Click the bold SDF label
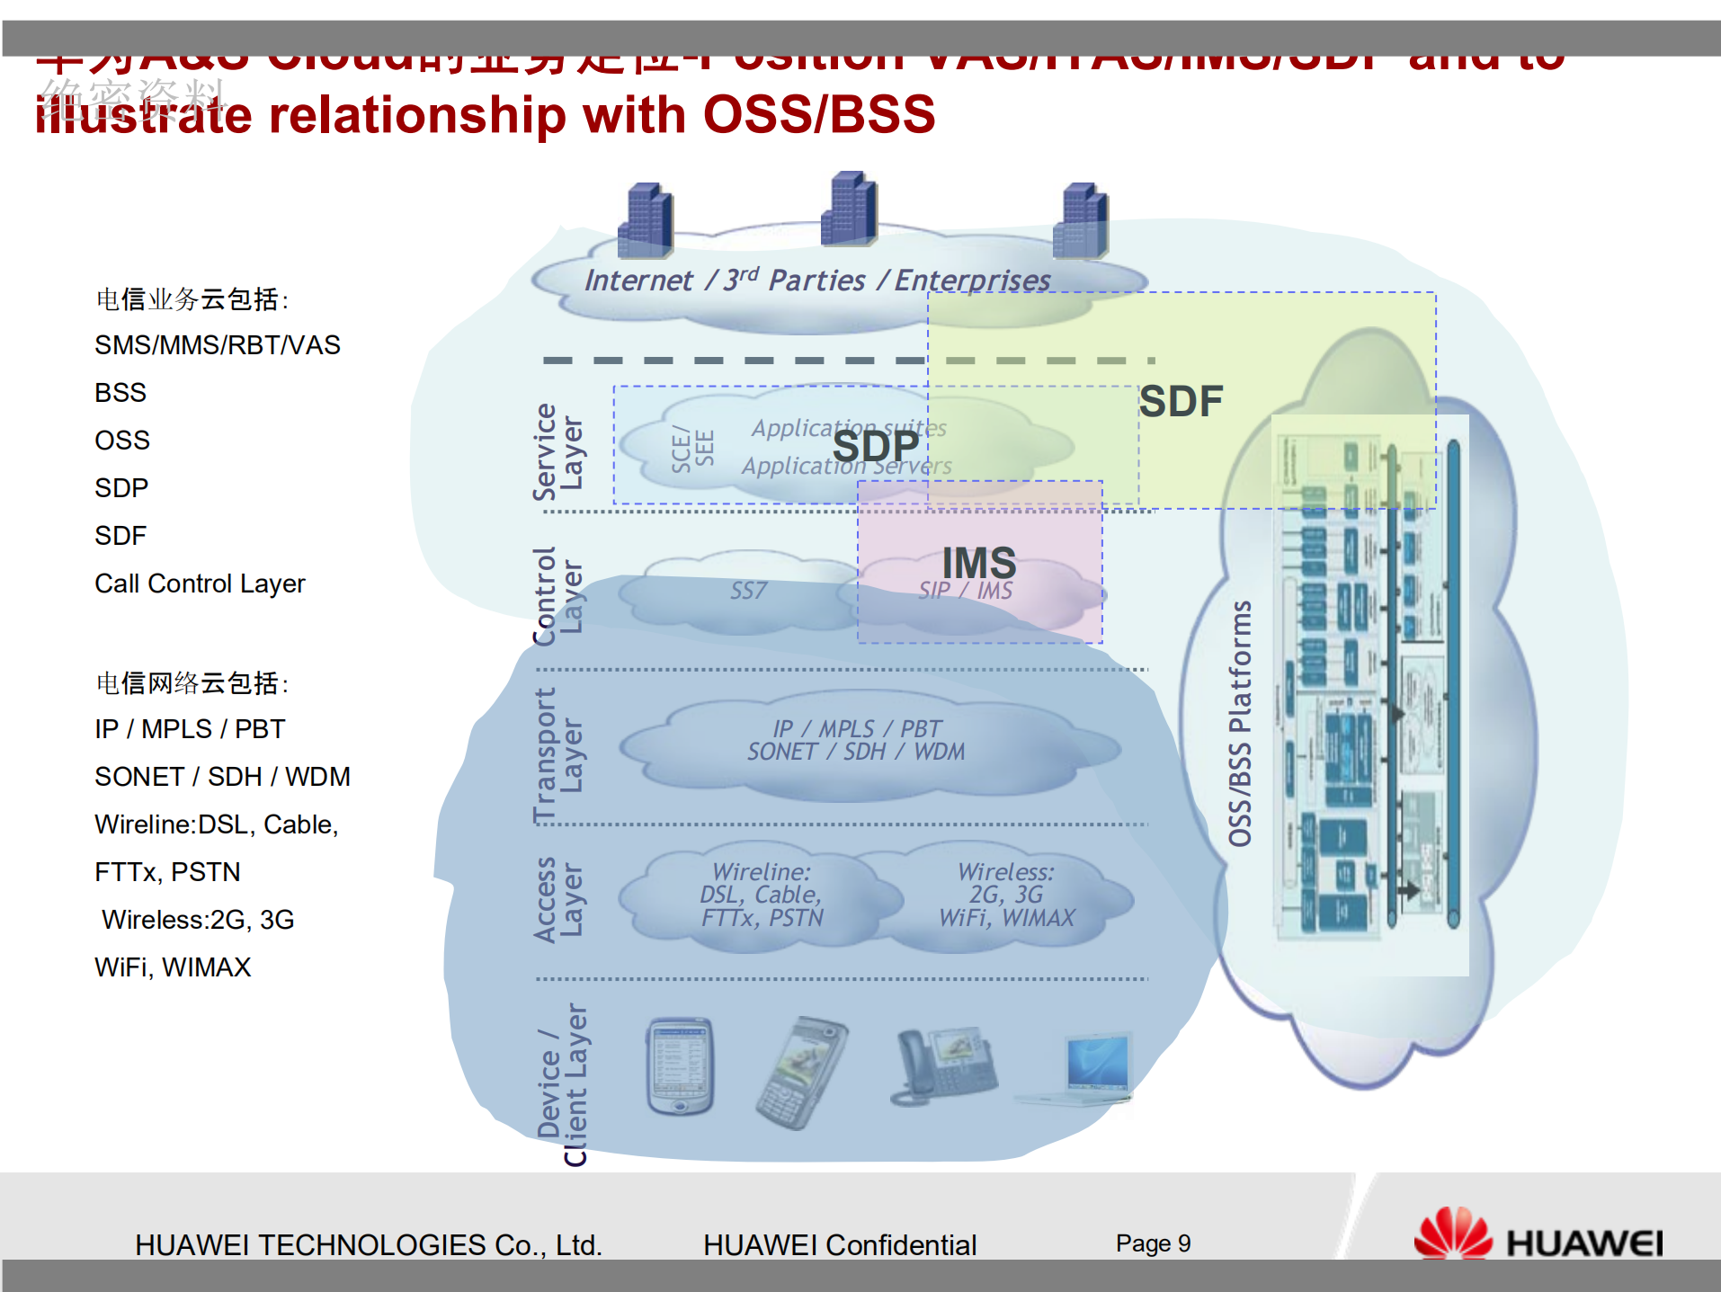[1181, 401]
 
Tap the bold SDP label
[875, 446]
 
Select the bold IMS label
[978, 563]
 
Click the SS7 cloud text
[748, 591]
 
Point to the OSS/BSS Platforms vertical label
[1240, 724]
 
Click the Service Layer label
[557, 451]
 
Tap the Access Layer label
[557, 899]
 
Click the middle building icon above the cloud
[849, 209]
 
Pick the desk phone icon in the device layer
[944, 1065]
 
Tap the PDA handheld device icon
[680, 1065]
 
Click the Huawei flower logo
[1451, 1234]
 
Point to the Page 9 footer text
[1153, 1243]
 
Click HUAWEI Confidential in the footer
[839, 1245]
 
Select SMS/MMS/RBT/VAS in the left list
[218, 345]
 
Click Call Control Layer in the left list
[200, 584]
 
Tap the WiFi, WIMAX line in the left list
[173, 967]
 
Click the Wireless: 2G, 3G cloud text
[1006, 883]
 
